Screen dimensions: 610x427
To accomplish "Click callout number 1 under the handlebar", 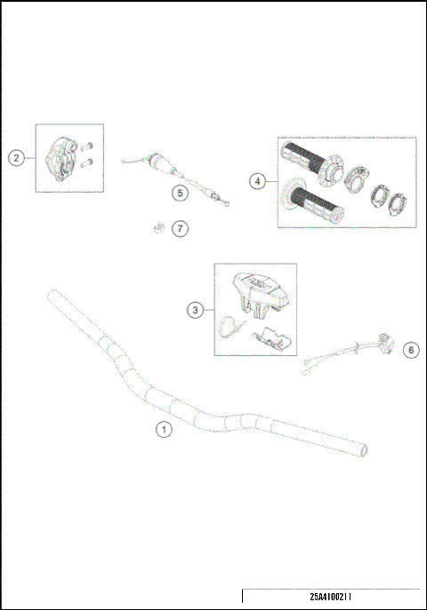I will click(x=163, y=429).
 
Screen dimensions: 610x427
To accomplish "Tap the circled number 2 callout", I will click(x=16, y=158).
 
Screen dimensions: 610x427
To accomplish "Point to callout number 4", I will click(x=257, y=181).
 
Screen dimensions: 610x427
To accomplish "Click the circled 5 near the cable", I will click(x=179, y=191).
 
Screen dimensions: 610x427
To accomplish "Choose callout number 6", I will click(x=409, y=350).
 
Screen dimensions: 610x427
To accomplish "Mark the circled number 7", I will click(x=181, y=229).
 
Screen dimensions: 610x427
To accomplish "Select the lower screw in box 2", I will click(x=90, y=162).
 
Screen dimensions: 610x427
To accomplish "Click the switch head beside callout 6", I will click(x=385, y=340).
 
